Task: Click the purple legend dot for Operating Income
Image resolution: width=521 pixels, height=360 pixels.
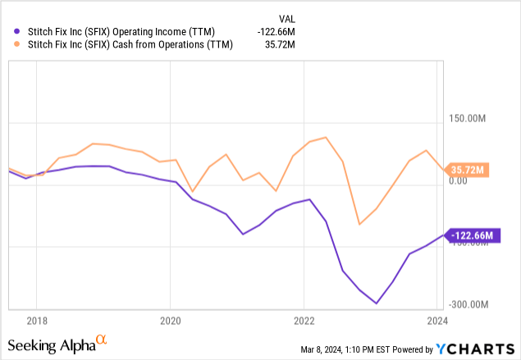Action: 12,32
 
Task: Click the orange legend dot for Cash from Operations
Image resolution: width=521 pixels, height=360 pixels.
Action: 12,45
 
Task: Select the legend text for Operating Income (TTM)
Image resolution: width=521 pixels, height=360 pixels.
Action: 120,32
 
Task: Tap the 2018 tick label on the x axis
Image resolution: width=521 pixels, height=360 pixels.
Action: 36,320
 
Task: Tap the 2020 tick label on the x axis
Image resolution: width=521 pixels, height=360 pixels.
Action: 170,320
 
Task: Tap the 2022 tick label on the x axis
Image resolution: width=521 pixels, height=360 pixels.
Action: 304,320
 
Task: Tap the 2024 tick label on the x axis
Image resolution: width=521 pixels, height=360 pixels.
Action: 438,320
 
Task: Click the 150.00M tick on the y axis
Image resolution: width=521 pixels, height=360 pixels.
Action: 469,119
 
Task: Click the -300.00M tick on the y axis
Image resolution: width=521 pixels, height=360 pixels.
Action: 469,304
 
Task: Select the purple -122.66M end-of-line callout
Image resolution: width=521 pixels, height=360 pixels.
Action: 472,235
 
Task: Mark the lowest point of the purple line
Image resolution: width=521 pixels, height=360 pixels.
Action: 377,303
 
